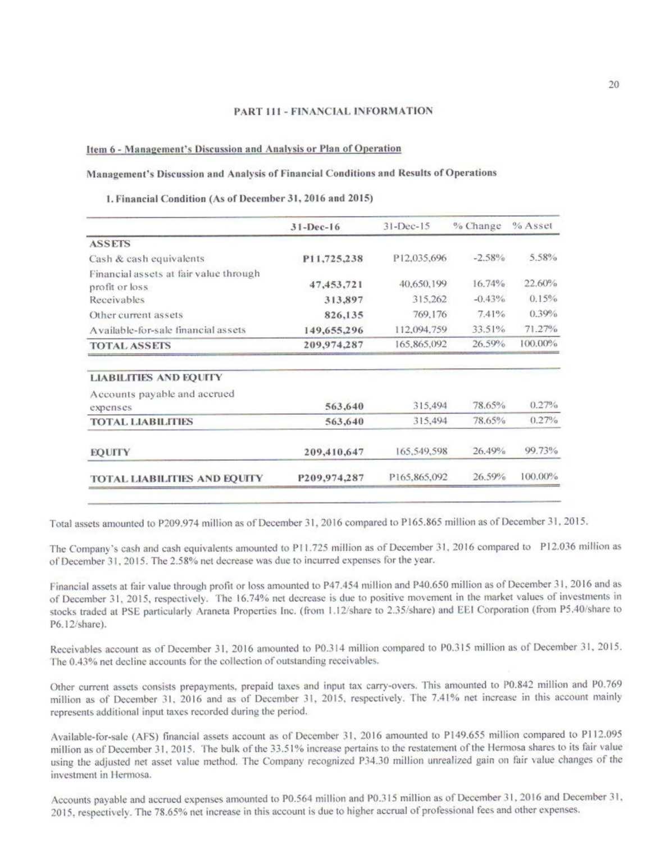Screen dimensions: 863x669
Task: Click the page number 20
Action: (613, 85)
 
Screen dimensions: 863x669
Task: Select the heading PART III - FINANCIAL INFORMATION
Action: (333, 111)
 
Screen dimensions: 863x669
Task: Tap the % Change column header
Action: (477, 226)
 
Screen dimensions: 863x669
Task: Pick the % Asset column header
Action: (532, 226)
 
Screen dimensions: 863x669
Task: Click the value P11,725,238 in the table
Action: (333, 259)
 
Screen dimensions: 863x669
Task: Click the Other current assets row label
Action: (136, 315)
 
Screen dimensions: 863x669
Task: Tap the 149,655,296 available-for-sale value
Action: (334, 330)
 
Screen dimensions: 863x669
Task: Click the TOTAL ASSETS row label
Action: (130, 345)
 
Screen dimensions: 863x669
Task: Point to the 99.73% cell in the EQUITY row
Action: (541, 450)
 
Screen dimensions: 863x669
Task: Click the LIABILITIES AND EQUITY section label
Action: (156, 377)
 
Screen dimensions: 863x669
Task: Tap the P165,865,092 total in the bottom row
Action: (418, 477)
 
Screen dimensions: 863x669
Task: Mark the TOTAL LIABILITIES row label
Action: (142, 421)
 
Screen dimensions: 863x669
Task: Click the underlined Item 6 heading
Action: (244, 149)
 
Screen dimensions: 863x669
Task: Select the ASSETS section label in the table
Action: (110, 244)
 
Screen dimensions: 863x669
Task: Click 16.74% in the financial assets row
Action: (489, 284)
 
